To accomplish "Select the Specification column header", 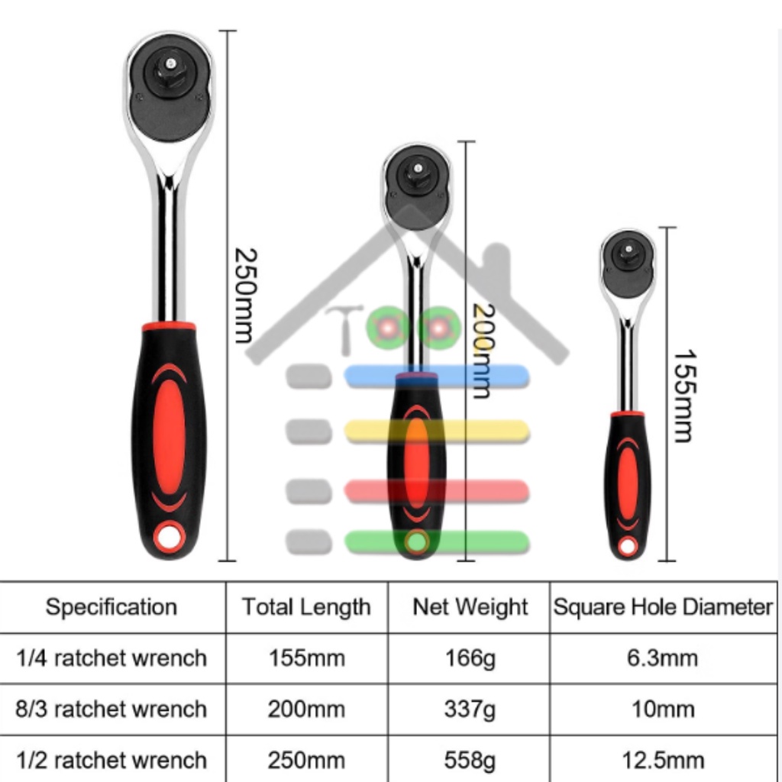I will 111,607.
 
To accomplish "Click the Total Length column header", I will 306,607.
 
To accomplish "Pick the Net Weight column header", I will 470,607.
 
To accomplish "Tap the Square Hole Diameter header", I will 663,607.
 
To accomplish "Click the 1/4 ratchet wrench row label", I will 111,658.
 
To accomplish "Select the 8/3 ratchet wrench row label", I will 111,709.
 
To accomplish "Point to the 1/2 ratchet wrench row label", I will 111,760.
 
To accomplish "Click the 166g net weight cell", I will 470,658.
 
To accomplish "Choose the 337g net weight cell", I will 470,709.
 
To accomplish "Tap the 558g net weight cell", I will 470,760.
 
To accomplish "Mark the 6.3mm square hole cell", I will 663,658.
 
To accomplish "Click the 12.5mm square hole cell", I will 663,760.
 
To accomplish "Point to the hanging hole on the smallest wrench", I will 628,546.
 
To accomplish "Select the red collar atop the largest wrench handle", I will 169,327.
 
